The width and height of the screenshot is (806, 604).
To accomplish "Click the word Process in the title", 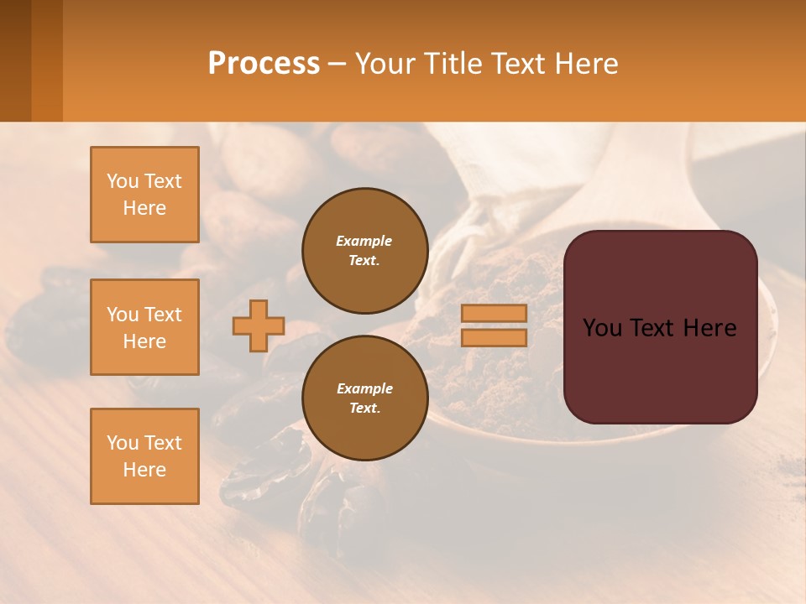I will click(264, 64).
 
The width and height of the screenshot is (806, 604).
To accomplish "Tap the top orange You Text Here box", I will click(144, 195).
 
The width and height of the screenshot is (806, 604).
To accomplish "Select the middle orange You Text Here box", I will click(144, 327).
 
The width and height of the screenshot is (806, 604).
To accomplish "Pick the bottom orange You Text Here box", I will click(144, 456).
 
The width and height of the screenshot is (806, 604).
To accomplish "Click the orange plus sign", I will click(259, 325).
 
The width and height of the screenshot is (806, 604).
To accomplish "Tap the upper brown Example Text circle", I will click(364, 251).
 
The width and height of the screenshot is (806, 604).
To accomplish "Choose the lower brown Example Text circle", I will click(364, 398).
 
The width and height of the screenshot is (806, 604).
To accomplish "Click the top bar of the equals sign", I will click(494, 313).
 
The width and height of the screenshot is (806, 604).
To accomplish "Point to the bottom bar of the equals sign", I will click(494, 337).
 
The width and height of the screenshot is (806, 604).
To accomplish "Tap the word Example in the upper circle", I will click(364, 241).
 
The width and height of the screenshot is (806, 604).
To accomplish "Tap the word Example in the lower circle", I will click(364, 388).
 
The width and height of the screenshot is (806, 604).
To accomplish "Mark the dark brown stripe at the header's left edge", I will click(15, 60).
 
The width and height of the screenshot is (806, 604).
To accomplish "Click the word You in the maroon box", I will click(602, 328).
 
